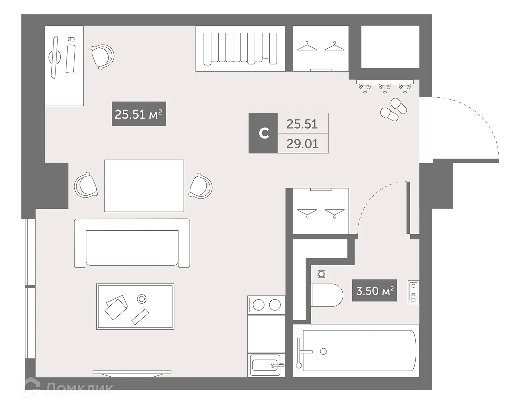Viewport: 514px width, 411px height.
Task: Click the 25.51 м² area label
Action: (x=139, y=114)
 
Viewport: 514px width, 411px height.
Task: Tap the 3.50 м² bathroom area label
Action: (x=375, y=291)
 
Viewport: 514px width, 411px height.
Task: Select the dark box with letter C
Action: (x=263, y=133)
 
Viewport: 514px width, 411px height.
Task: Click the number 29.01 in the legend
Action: (x=303, y=143)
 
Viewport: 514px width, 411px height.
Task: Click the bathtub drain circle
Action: (x=323, y=351)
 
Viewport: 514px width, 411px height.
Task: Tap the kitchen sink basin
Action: (x=266, y=365)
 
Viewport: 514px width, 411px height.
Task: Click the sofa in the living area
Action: (x=132, y=243)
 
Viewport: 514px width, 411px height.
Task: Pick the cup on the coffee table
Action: (x=141, y=299)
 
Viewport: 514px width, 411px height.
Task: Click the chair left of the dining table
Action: (x=86, y=185)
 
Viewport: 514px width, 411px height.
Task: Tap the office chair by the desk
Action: (x=102, y=57)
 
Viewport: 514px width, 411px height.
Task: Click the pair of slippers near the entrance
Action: (x=394, y=109)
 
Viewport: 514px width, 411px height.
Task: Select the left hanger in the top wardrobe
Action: (x=307, y=47)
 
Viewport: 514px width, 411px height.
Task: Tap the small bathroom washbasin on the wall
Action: (x=414, y=292)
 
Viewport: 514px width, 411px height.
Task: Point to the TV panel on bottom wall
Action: (x=132, y=372)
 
